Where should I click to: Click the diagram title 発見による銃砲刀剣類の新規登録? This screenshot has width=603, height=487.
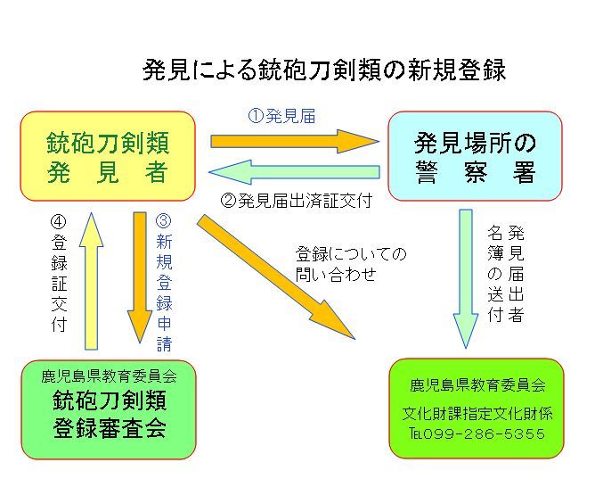(x=324, y=70)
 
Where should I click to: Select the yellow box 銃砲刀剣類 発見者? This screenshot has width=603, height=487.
(x=108, y=156)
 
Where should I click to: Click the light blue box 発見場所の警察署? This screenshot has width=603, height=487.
(x=475, y=156)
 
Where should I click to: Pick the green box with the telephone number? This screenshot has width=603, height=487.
(x=477, y=409)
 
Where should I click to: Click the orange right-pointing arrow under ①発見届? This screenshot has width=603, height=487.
(x=293, y=140)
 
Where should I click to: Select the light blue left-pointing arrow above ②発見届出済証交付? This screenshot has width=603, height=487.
(x=293, y=172)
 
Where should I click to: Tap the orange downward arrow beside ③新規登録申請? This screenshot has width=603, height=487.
(x=140, y=277)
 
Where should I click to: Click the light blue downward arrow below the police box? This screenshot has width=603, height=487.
(x=466, y=277)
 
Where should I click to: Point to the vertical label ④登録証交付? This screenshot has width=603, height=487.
(x=59, y=271)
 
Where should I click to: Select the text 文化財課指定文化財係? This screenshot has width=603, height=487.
(x=477, y=414)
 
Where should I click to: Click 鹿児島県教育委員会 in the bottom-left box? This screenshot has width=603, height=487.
(x=109, y=376)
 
